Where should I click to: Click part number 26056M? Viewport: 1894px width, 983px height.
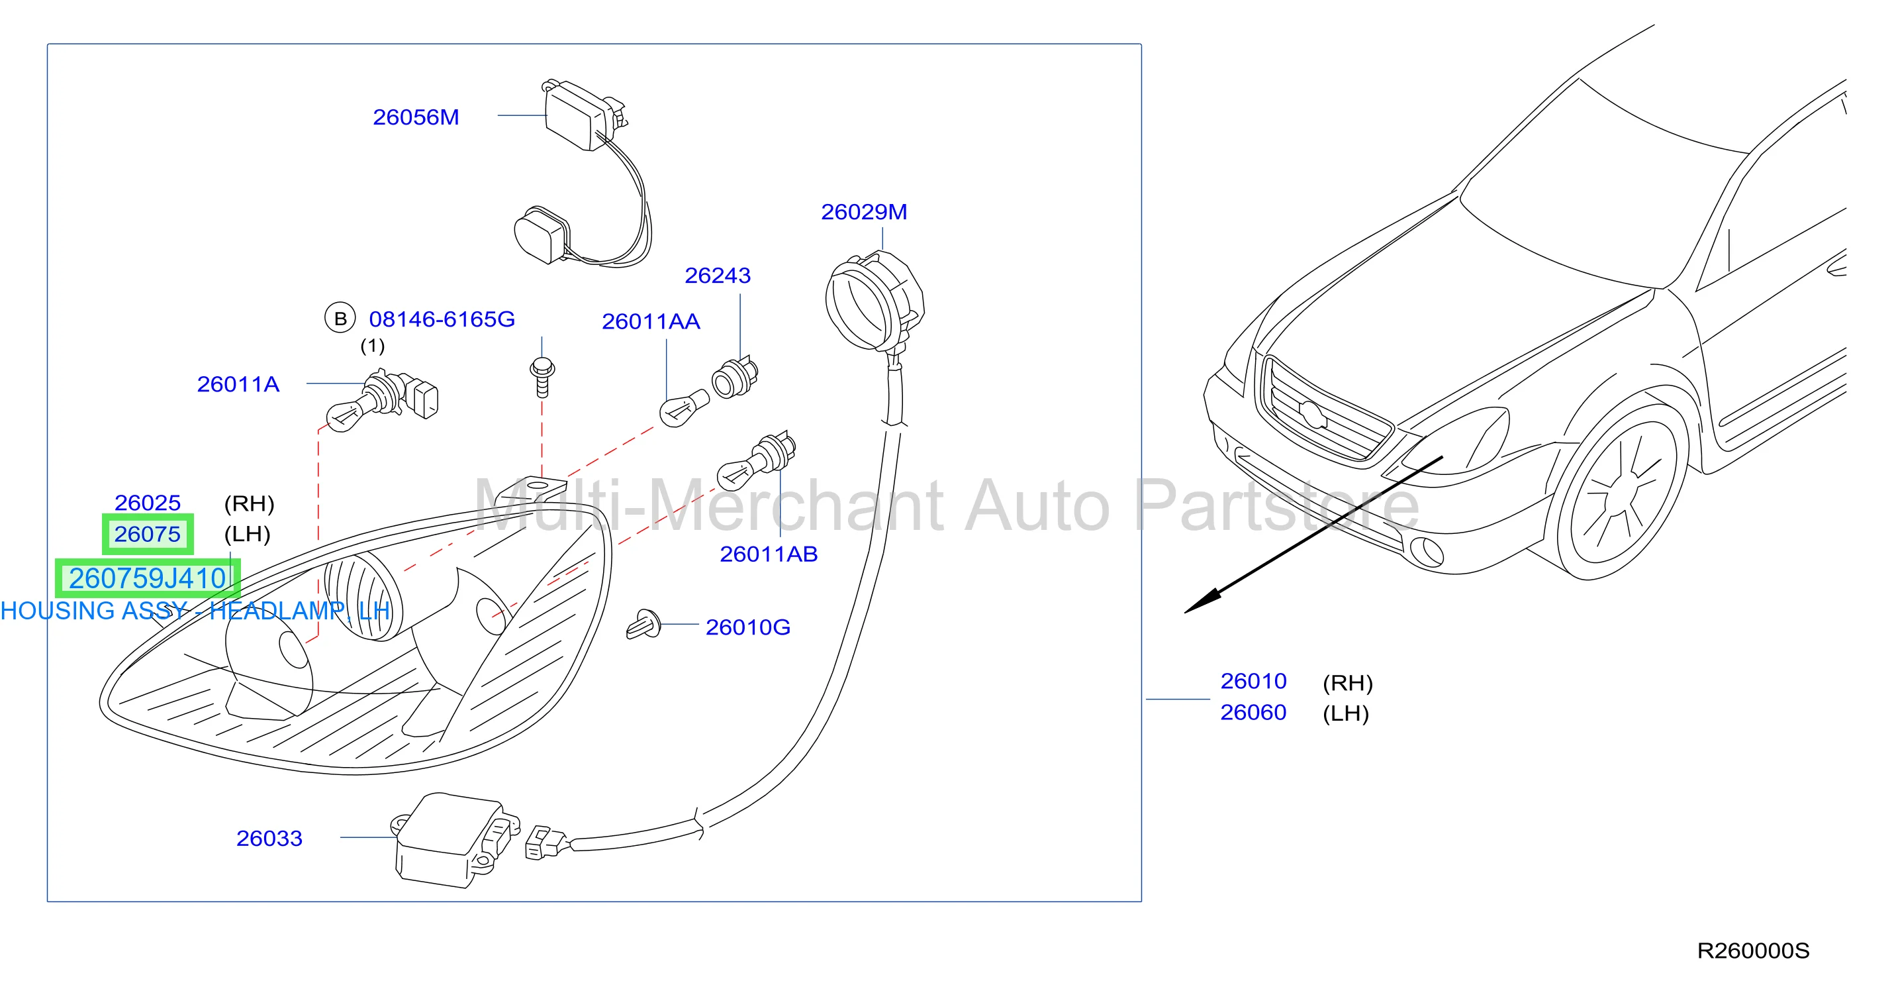click(x=416, y=117)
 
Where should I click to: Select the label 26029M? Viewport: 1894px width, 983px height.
click(x=864, y=212)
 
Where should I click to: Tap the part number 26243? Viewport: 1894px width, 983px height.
click(x=718, y=275)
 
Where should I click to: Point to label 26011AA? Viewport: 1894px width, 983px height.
click(x=651, y=321)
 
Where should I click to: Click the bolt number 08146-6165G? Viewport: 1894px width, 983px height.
click(x=442, y=319)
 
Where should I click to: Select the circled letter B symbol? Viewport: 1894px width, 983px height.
click(x=340, y=319)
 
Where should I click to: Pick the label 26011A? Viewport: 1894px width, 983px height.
click(x=238, y=384)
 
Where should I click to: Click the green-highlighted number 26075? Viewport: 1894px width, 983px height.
click(x=147, y=534)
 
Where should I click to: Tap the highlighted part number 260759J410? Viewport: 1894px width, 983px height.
click(x=148, y=578)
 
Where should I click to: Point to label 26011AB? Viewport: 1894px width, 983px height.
click(x=769, y=554)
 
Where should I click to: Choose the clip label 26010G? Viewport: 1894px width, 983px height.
click(x=748, y=627)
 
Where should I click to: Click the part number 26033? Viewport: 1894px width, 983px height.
click(x=269, y=838)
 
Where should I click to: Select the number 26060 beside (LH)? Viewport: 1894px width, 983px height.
click(x=1253, y=712)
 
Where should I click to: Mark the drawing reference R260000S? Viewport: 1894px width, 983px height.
click(x=1753, y=951)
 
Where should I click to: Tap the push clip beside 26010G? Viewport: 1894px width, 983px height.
click(x=644, y=624)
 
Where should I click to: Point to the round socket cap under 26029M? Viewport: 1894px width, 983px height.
click(x=873, y=301)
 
